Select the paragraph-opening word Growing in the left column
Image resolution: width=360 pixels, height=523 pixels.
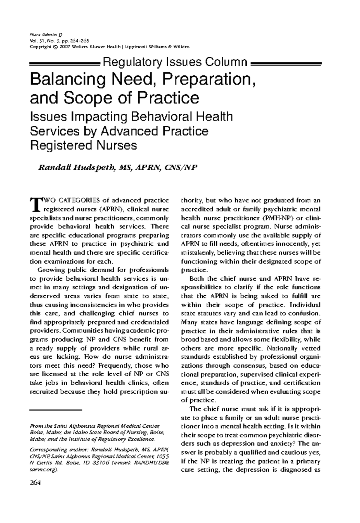47,270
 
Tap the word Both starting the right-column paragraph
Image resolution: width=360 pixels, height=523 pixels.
197,278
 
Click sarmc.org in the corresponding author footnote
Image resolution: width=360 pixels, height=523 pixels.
42,470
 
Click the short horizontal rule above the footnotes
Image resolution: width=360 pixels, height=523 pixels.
56,409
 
